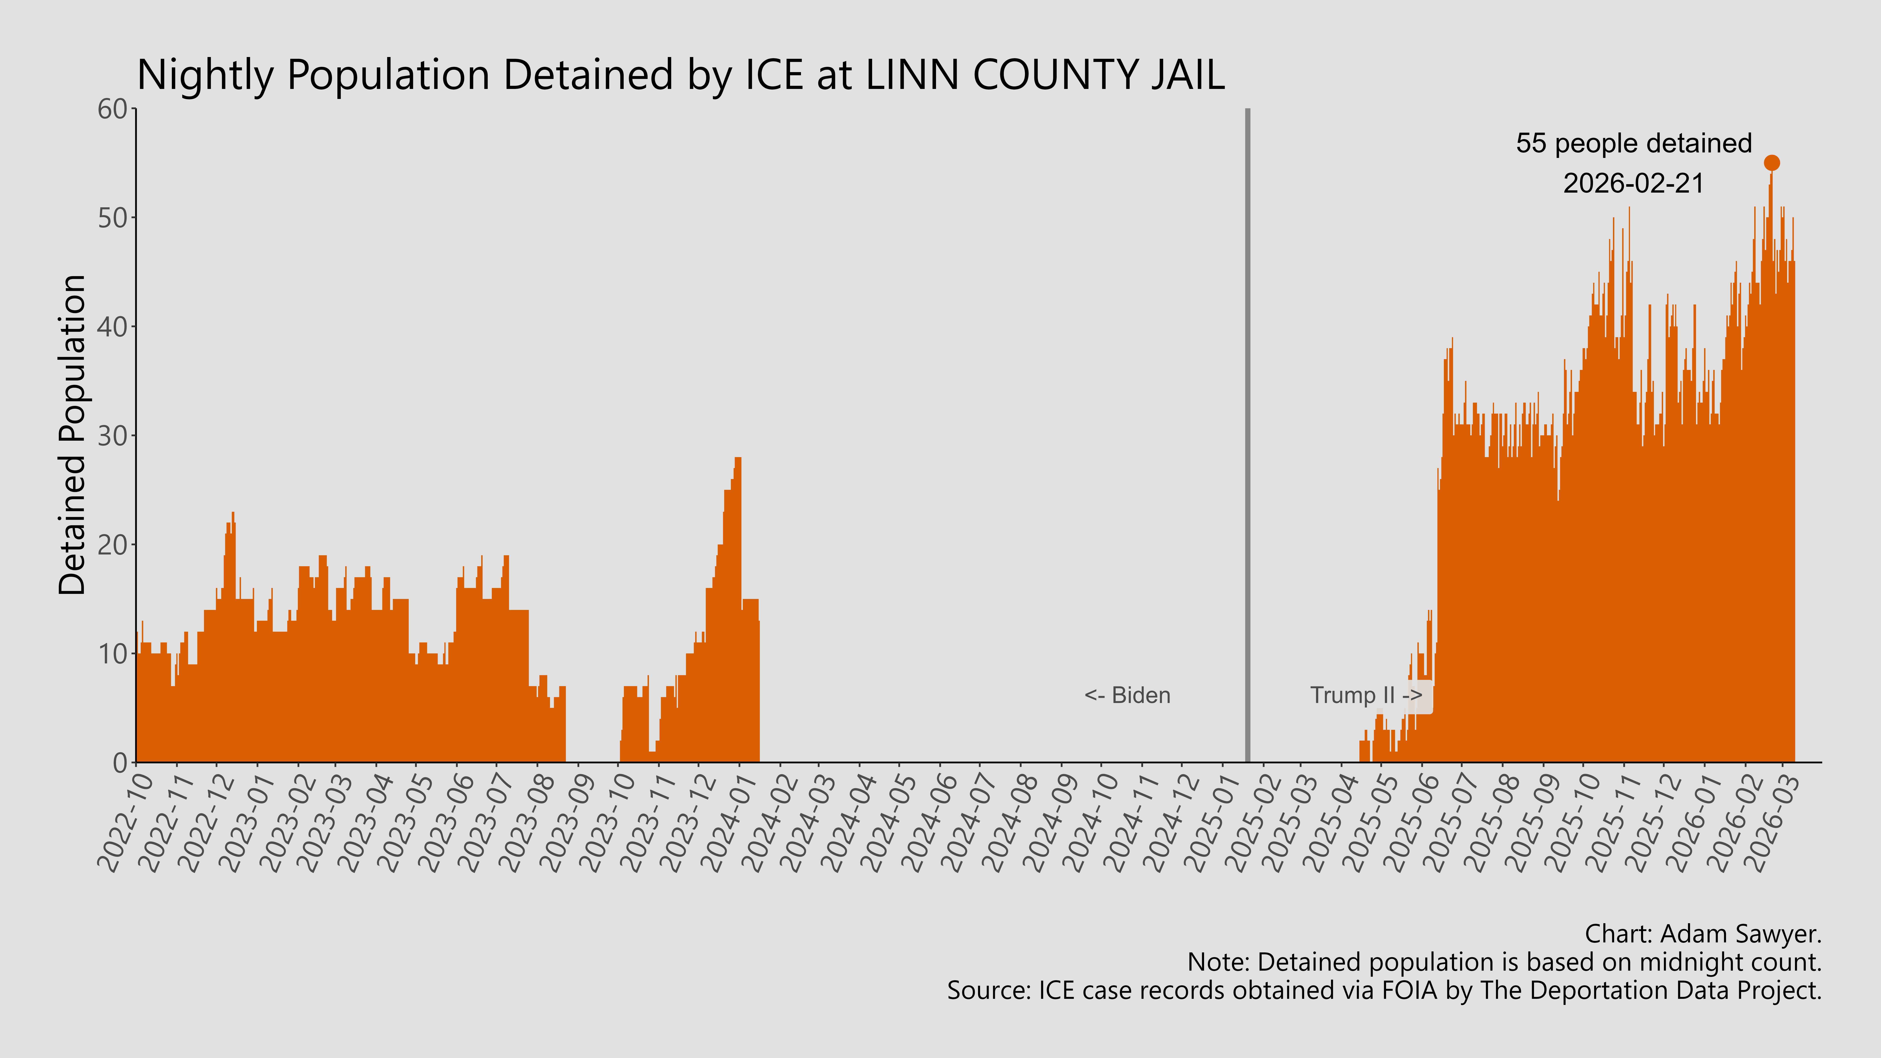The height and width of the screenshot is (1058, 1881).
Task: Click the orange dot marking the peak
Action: [1771, 163]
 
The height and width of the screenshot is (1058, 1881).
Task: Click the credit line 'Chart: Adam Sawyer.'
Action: [1703, 934]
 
